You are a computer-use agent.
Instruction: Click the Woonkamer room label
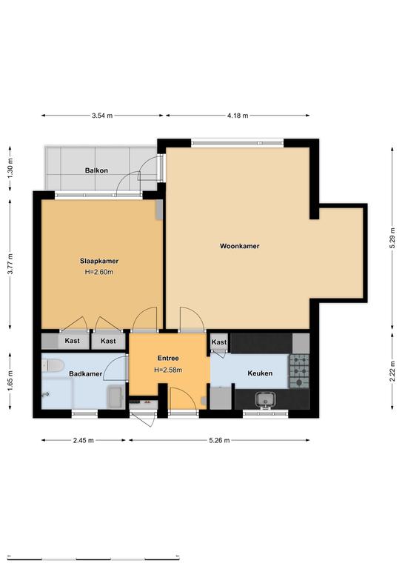[x=240, y=246]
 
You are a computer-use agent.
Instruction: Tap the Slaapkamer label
[x=99, y=261]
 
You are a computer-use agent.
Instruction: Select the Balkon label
[x=96, y=170]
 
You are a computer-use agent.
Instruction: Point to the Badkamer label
[x=86, y=373]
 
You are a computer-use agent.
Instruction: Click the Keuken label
[x=260, y=373]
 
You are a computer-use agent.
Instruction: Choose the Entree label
[x=168, y=358]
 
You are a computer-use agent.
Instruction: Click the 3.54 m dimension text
[x=102, y=116]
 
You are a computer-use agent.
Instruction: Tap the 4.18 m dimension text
[x=238, y=116]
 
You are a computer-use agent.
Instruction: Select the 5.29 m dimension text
[x=392, y=238]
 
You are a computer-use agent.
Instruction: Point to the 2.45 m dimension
[x=84, y=440]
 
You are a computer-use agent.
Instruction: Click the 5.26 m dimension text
[x=219, y=440]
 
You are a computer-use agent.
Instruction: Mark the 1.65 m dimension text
[x=10, y=379]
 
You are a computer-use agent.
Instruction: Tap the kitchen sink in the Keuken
[x=265, y=400]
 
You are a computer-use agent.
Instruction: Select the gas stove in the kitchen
[x=299, y=371]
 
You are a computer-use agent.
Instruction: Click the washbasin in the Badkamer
[x=116, y=397]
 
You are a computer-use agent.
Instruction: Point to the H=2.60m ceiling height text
[x=99, y=272]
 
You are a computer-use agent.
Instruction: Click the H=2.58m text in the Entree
[x=168, y=370]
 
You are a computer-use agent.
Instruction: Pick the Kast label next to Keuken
[x=219, y=342]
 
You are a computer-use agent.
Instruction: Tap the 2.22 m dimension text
[x=392, y=371]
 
